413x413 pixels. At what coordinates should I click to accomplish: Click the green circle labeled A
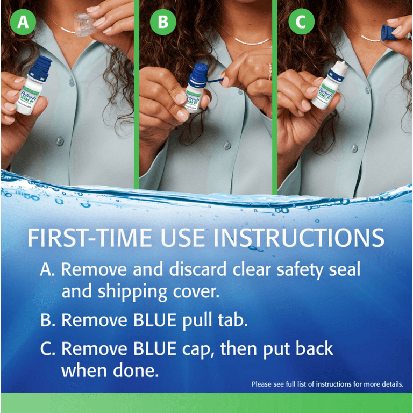point(22,23)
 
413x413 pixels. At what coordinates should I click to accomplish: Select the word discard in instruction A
point(194,269)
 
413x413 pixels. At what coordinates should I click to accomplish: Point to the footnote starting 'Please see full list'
point(326,384)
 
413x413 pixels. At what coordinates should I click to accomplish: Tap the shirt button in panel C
point(354,148)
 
